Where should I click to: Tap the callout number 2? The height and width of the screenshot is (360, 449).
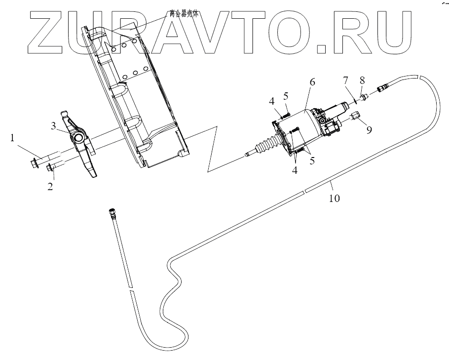tap(50, 187)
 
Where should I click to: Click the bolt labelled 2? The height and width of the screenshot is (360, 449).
tap(51, 168)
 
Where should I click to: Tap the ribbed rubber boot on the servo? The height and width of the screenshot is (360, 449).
tap(266, 146)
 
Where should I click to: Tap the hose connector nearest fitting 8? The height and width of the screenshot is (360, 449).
tap(383, 88)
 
